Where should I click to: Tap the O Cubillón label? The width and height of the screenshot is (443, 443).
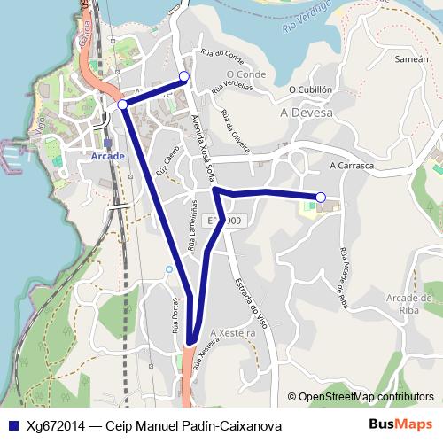point(310,89)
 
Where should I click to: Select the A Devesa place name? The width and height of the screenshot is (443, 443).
point(306,113)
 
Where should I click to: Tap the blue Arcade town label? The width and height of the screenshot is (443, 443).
point(108,156)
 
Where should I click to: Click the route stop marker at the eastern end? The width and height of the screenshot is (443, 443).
point(321,197)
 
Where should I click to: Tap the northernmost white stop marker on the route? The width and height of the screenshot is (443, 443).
point(184,76)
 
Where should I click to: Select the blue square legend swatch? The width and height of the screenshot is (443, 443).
point(12,426)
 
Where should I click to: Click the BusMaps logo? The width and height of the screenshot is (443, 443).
point(400,425)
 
